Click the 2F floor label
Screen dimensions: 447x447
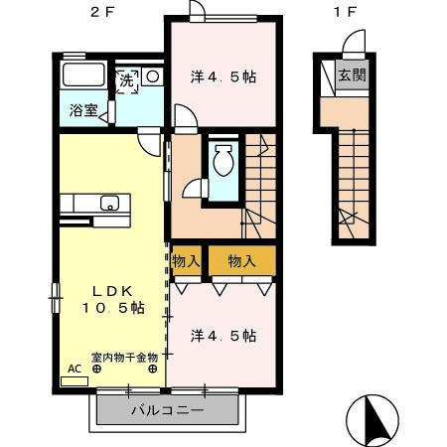[103, 12]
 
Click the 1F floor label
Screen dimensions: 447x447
[345, 12]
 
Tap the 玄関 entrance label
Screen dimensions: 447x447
[352, 75]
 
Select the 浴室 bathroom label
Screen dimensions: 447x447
[83, 110]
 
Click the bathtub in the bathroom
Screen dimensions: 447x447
[83, 74]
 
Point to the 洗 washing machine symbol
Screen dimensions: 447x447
[127, 81]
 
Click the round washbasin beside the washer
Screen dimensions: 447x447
[153, 76]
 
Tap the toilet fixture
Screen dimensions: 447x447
[224, 160]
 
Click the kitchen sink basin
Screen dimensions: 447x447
[110, 203]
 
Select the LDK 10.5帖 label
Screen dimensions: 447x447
[113, 300]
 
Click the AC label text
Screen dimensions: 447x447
[74, 369]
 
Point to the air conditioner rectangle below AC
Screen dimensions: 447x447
[74, 381]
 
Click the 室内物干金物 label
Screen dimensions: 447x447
[124, 358]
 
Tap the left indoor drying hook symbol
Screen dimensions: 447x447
[96, 369]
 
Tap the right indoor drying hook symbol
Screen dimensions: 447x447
[153, 369]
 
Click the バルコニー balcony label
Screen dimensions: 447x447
[168, 411]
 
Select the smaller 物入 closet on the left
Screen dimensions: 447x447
[186, 260]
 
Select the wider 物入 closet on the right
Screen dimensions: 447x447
[242, 260]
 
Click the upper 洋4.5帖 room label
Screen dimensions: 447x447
[223, 76]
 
